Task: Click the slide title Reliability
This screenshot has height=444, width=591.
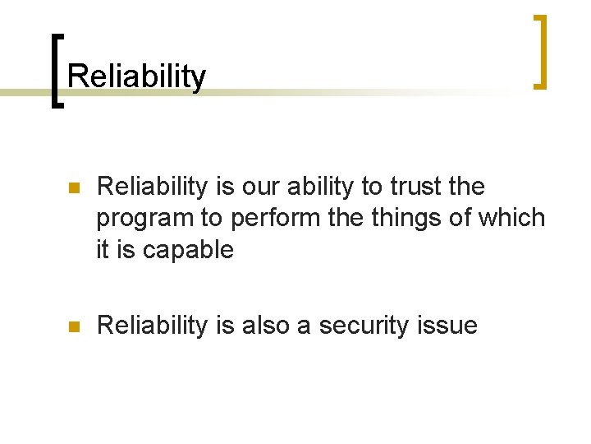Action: point(136,76)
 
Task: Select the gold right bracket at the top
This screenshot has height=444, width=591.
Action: point(539,51)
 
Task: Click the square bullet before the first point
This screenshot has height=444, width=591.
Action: point(73,188)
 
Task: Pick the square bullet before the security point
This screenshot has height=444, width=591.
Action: point(73,326)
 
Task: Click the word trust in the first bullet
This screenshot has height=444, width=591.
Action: point(415,187)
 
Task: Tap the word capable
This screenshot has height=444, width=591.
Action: point(188,250)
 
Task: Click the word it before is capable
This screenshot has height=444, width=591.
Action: point(103,250)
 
